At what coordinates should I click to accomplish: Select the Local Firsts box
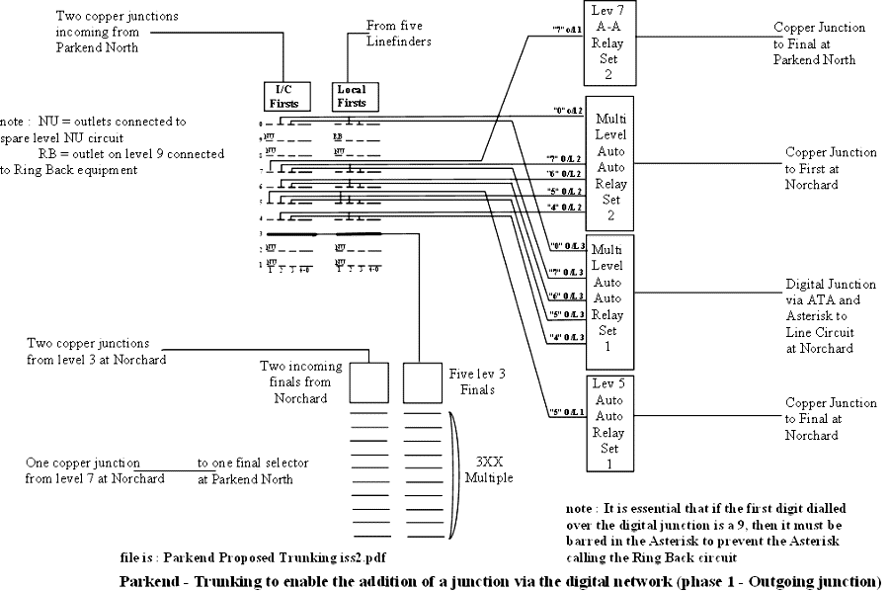(x=351, y=96)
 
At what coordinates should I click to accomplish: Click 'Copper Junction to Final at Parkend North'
(x=818, y=43)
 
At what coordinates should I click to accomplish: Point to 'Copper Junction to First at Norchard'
(x=830, y=161)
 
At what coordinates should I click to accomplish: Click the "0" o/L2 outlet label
(x=567, y=112)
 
